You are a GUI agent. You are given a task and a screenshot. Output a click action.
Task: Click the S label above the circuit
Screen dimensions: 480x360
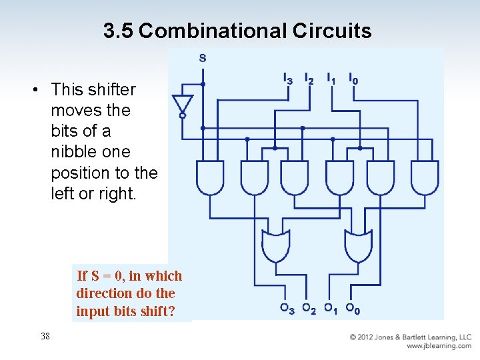203,58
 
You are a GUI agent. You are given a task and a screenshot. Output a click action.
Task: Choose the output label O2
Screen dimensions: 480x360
309,309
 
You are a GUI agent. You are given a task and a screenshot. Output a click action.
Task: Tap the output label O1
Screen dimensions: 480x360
331,309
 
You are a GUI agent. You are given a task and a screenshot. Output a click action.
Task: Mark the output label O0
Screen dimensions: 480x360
353,309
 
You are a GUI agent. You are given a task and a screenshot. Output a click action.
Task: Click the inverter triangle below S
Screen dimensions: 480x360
181,104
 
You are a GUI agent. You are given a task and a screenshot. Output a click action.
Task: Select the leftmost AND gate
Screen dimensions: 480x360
210,177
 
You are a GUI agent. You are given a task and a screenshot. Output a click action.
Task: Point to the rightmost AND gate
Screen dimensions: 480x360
425,177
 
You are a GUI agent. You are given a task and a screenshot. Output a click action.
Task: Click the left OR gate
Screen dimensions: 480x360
277,246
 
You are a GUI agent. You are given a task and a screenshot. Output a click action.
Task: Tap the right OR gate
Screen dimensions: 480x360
359,246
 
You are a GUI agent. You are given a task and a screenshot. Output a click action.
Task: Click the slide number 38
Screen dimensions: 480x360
45,336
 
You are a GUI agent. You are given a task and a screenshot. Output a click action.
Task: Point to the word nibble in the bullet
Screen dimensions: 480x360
73,151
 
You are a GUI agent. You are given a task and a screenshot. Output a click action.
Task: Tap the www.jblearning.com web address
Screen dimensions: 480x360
439,346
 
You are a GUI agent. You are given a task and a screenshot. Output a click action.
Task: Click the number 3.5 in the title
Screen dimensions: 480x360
119,31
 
